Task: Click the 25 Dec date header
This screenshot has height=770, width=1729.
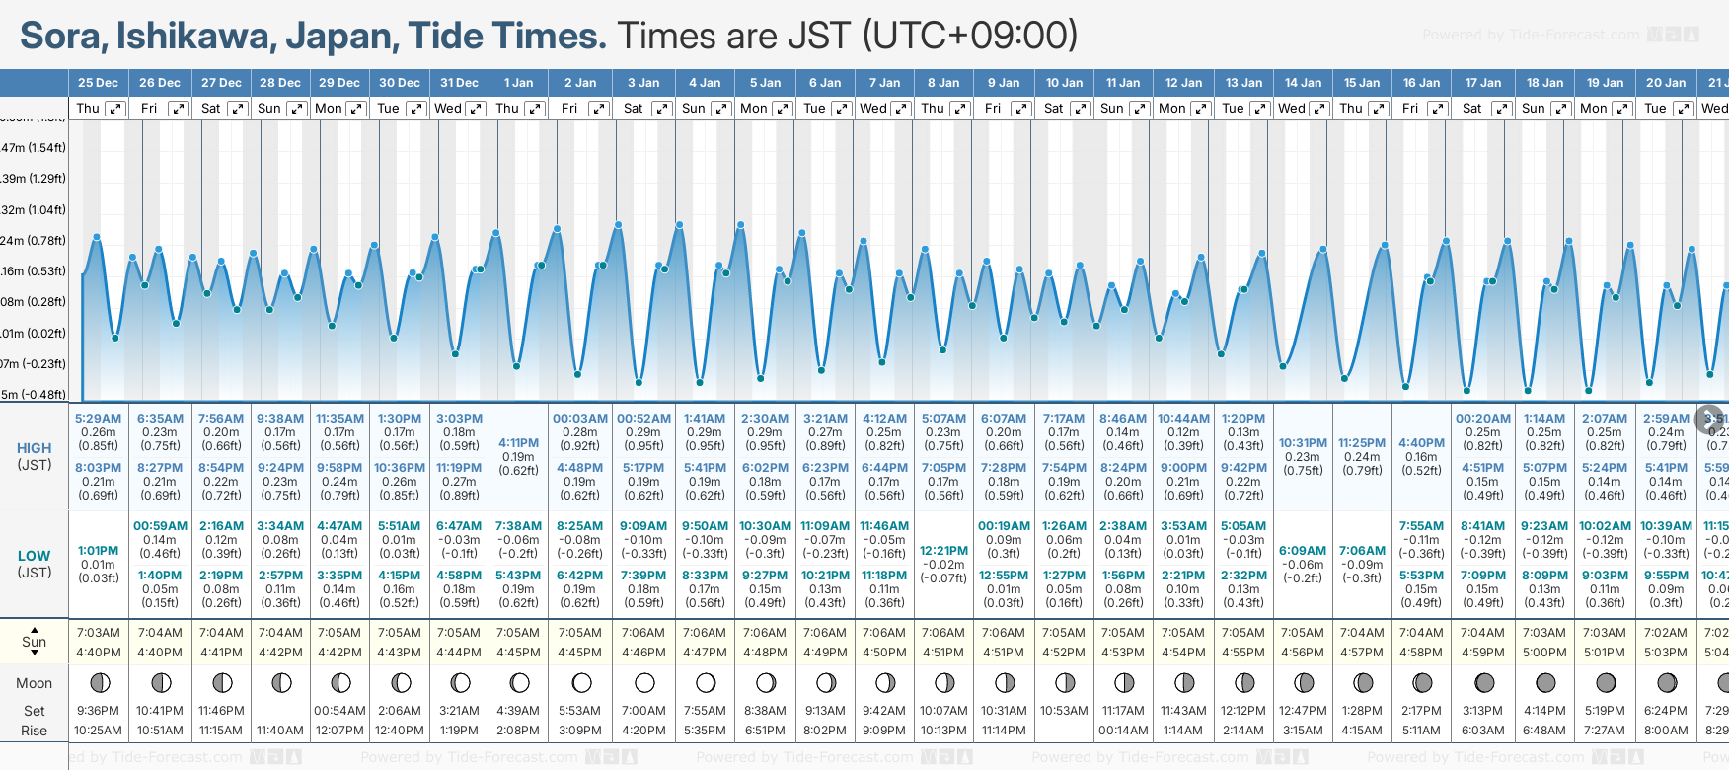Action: (x=98, y=83)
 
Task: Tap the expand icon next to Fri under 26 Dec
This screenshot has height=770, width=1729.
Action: (x=178, y=109)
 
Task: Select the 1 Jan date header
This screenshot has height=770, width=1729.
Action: (x=518, y=83)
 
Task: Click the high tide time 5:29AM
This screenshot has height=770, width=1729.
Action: (x=98, y=419)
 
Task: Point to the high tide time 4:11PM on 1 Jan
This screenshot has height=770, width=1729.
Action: (x=518, y=443)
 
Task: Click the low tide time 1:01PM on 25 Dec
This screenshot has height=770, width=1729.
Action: (x=98, y=551)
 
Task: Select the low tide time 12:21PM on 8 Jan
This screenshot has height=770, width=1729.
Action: (x=943, y=551)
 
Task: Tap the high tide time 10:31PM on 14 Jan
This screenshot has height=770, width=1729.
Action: (x=1303, y=443)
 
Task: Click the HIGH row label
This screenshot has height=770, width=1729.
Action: (x=34, y=448)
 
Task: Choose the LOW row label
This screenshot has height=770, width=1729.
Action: (x=34, y=556)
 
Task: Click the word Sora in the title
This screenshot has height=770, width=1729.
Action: (x=61, y=36)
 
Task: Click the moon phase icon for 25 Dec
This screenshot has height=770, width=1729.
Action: (x=99, y=682)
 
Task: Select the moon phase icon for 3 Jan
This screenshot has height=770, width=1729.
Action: (x=644, y=682)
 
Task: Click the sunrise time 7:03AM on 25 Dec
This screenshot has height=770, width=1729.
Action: (x=98, y=633)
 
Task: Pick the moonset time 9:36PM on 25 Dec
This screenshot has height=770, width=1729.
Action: (x=98, y=711)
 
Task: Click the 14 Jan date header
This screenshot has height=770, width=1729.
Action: (x=1303, y=83)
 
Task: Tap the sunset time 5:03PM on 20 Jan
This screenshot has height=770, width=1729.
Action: (x=1665, y=653)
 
